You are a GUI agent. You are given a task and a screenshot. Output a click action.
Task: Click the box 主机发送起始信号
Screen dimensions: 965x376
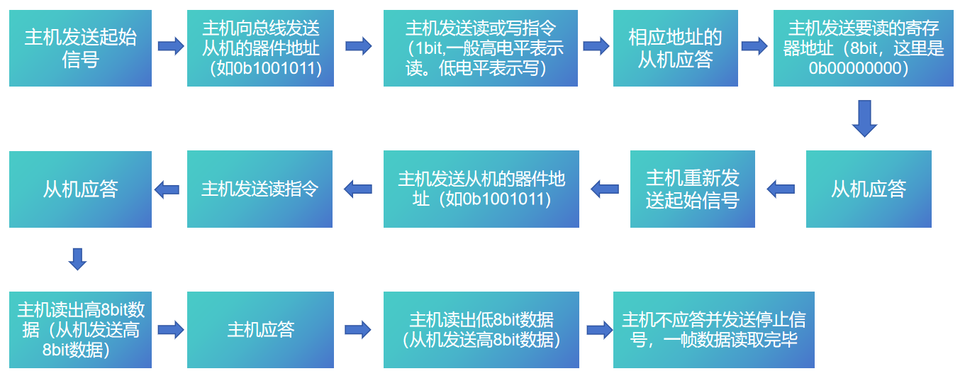tap(80, 48)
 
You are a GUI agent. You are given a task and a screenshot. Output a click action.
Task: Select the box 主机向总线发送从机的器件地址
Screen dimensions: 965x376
tap(260, 48)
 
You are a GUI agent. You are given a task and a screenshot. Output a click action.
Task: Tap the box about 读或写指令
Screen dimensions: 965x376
tap(480, 48)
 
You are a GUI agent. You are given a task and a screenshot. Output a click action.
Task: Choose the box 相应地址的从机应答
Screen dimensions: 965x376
tap(676, 48)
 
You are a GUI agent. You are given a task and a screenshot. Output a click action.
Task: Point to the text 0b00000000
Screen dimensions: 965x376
tap(858, 68)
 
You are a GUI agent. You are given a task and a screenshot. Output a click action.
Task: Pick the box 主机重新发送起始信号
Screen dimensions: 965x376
tap(692, 189)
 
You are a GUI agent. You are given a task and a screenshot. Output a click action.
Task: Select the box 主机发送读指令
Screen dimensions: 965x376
tap(260, 189)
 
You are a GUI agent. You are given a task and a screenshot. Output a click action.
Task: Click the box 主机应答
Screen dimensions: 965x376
tap(260, 330)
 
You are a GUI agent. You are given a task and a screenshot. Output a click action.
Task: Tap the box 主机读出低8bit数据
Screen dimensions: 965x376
tap(481, 330)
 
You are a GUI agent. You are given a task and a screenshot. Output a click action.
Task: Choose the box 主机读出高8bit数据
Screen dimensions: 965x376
tap(80, 330)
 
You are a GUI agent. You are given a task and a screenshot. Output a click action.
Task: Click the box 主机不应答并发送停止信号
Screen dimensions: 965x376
tap(714, 330)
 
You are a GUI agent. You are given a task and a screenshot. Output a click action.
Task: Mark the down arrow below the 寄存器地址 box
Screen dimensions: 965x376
tap(864, 118)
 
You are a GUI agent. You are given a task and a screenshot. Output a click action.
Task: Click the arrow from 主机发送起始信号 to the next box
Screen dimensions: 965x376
tap(171, 46)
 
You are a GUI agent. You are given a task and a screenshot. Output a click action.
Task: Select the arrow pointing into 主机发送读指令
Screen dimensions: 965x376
tap(357, 189)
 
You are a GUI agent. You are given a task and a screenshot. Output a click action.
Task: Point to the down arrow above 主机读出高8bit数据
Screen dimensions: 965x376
tap(77, 259)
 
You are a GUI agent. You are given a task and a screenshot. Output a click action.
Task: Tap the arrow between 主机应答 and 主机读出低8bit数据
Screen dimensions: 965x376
tap(357, 330)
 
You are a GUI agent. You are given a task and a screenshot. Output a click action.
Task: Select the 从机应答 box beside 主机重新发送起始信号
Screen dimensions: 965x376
tap(869, 189)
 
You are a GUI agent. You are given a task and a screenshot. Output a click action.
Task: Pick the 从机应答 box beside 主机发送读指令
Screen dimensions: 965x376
tap(80, 189)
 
